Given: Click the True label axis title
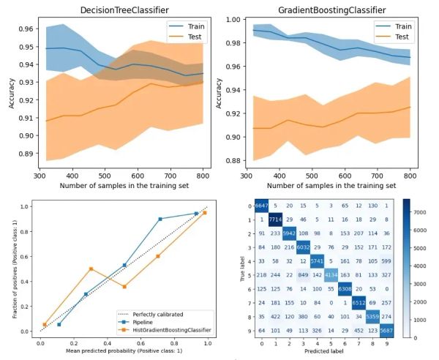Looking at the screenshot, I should coord(240,267).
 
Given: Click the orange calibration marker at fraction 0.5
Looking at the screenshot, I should coord(90,269).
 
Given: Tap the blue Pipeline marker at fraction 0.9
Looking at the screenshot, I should coord(160,219).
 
